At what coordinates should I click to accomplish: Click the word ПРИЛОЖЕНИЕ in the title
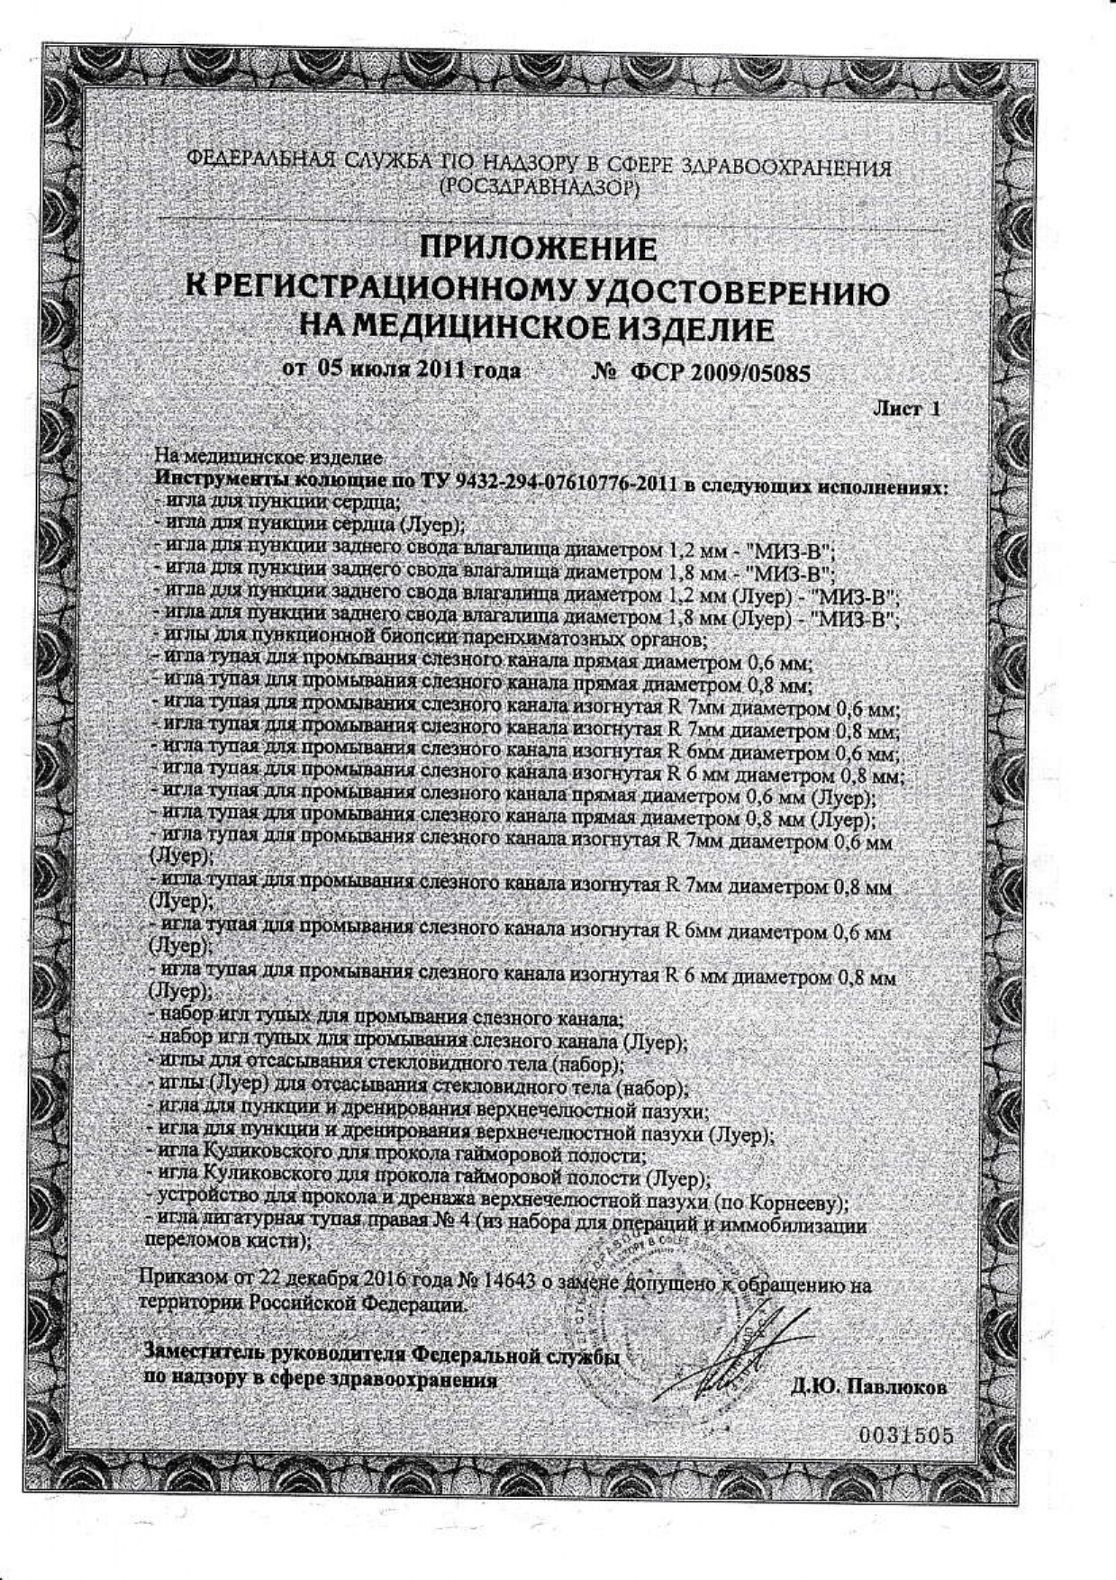coord(539,249)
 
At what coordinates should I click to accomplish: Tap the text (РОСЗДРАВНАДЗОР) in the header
coord(539,187)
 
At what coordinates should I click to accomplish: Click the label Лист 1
coord(906,409)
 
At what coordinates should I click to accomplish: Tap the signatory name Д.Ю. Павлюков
coord(869,1387)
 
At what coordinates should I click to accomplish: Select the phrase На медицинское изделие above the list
coord(268,458)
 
